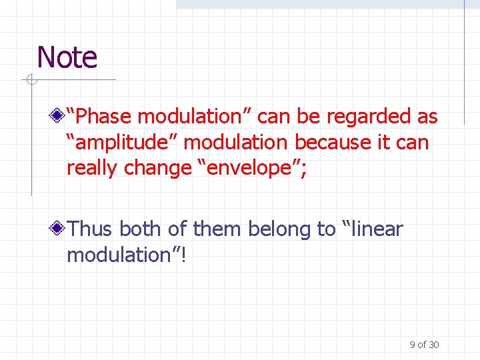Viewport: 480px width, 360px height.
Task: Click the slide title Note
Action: point(67,57)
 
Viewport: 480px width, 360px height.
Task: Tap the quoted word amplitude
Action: point(124,143)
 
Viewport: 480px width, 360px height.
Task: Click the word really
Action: point(93,168)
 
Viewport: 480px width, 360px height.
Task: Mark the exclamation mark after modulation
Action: point(183,255)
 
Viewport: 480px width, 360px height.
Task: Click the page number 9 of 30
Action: point(424,345)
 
